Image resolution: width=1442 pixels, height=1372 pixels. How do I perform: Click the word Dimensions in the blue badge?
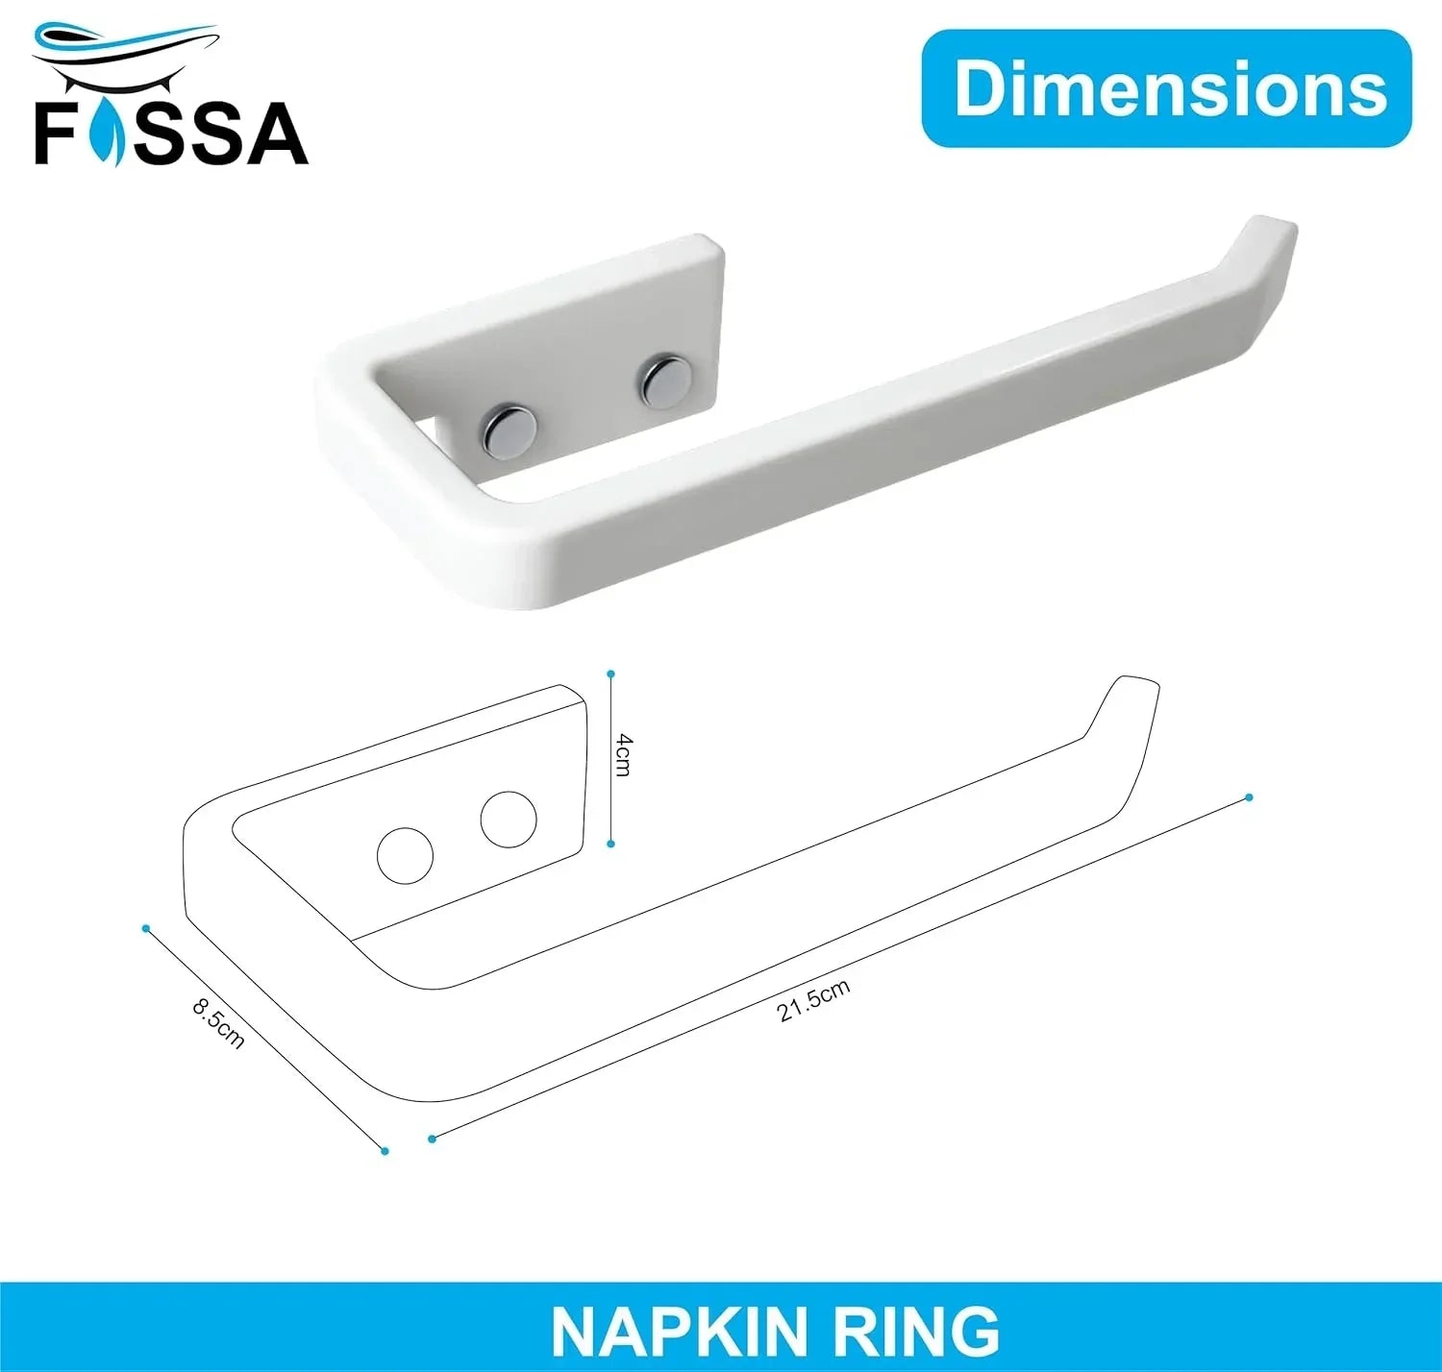tap(1170, 88)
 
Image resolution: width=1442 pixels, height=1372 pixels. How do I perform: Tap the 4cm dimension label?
tap(624, 754)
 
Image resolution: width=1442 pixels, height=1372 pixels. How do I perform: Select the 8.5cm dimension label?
tap(218, 1023)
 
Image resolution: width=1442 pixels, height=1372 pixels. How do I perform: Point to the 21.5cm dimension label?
tap(813, 1000)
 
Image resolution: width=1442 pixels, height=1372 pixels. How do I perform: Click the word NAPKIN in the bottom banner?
tap(678, 1332)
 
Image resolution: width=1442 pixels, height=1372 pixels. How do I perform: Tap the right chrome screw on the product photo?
tap(663, 381)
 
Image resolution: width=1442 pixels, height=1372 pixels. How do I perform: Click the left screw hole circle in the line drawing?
tap(405, 855)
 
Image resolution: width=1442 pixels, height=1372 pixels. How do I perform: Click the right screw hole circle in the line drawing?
tap(509, 820)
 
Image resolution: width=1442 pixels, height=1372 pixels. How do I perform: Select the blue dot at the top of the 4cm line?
tap(610, 674)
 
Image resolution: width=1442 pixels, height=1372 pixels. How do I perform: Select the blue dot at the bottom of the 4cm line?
tap(611, 844)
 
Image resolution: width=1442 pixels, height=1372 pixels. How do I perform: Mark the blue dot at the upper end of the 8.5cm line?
tap(146, 928)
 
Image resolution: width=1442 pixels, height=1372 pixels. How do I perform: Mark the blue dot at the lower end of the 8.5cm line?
tap(385, 1150)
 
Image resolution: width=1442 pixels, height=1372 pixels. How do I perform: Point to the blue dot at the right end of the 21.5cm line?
tap(1249, 797)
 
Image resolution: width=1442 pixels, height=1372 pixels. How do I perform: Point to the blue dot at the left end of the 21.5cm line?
tap(433, 1139)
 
